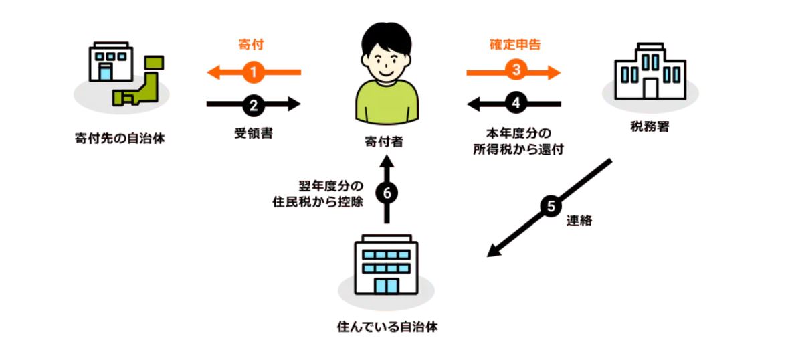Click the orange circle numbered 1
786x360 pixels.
coord(253,72)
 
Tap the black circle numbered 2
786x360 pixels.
coord(253,104)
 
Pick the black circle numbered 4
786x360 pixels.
coord(515,104)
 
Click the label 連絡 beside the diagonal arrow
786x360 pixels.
coord(579,221)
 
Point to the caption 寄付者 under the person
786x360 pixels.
coord(386,142)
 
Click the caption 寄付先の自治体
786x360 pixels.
coord(120,139)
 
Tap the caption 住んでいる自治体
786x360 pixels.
coord(387,328)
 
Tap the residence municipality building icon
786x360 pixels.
coord(386,266)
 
